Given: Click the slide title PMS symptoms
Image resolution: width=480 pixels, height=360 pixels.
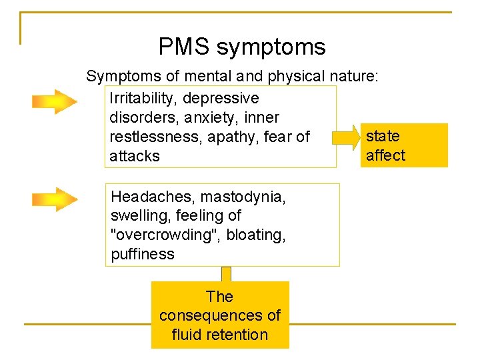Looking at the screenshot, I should [242, 47].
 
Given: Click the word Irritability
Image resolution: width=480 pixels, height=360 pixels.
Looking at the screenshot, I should [141, 99].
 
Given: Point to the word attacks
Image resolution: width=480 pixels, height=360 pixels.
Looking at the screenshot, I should [135, 157].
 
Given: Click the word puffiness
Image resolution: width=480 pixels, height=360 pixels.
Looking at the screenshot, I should [143, 254].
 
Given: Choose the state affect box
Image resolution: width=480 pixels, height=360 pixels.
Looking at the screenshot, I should [405, 145].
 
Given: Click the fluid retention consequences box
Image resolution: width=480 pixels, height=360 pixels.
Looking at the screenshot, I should [220, 315].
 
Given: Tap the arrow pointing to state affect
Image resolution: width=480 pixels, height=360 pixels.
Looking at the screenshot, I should [346, 139].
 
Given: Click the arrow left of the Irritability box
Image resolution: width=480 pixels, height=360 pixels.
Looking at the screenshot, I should [55, 102].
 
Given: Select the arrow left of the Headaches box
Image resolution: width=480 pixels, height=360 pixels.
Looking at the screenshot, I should [55, 199].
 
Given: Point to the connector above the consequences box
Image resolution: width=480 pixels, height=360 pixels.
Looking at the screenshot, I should [226, 274].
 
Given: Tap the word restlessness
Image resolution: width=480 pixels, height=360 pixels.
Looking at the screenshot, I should [153, 137].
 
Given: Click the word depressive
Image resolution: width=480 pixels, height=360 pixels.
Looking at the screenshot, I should [221, 99].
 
